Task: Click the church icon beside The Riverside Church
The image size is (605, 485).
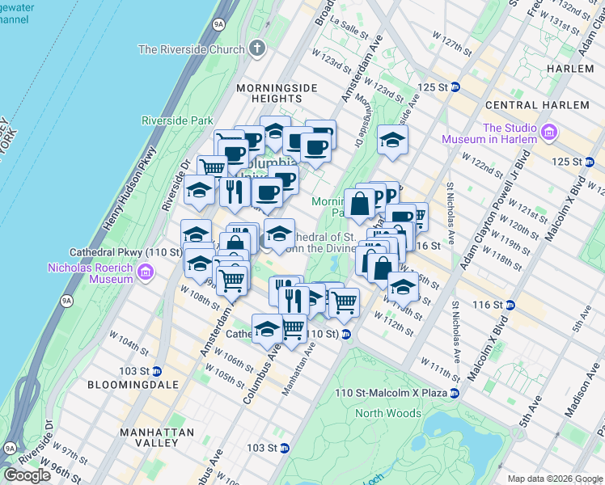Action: [x=258, y=48]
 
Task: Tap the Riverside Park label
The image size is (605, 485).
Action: [x=177, y=120]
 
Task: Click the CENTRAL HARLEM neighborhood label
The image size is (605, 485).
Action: [x=537, y=105]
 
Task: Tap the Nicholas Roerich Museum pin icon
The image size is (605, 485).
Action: [x=145, y=272]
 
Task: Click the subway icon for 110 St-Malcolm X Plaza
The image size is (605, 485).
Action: [x=455, y=393]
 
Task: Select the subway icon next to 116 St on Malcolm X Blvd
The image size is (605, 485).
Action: [x=510, y=305]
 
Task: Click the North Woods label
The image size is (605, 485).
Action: [x=388, y=413]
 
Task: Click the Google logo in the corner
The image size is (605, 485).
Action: [x=27, y=475]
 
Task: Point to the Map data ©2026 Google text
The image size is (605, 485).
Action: [x=554, y=479]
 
